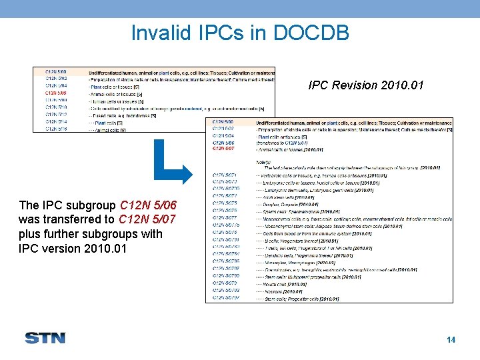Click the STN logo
45,338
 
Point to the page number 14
451,340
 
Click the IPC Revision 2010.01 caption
366,85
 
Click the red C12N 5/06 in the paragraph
147,205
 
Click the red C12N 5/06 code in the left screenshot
56,93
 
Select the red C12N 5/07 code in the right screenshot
223,149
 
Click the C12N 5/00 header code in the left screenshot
56,71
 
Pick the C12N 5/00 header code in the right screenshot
223,123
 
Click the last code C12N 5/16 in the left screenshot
56,129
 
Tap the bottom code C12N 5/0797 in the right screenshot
226,299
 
